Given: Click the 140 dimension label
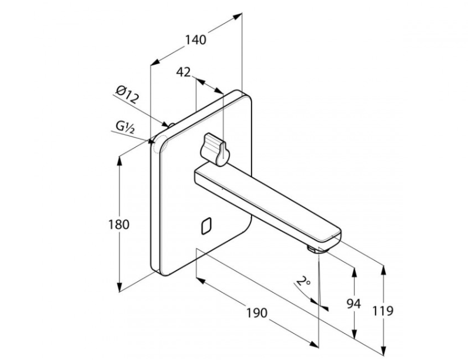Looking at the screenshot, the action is (196, 39).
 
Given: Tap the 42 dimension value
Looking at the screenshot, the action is (183, 72).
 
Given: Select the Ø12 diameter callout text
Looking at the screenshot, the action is (128, 94).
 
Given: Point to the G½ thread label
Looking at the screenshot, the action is (125, 127).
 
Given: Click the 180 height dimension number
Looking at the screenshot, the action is (119, 225).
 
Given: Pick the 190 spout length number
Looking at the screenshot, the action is (257, 313).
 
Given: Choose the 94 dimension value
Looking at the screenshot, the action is (354, 304).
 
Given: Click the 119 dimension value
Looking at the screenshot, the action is (383, 311).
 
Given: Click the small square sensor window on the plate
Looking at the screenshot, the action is (206, 226).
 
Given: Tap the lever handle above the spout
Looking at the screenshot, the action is (216, 149).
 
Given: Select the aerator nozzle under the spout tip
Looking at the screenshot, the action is (313, 249).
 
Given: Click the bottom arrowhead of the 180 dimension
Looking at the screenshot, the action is (119, 287).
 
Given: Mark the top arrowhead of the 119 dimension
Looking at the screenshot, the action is (384, 270).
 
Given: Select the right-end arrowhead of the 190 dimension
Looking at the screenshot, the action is (315, 344).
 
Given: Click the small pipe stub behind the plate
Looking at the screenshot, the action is (171, 125).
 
